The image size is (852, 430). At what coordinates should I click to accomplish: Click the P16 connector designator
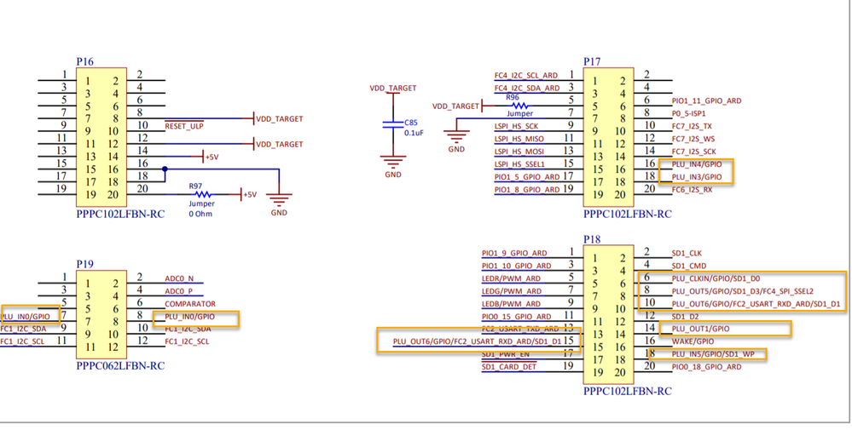[84, 62]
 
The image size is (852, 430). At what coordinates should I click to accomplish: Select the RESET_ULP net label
[185, 126]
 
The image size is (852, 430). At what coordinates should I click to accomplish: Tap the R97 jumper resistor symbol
[202, 194]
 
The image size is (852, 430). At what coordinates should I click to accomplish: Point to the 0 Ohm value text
[202, 214]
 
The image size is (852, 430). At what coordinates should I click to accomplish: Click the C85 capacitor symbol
[392, 123]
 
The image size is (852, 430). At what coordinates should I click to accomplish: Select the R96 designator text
[513, 98]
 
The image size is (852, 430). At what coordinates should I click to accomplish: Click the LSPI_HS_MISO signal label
[519, 139]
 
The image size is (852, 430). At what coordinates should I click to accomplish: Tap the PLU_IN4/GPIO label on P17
[696, 164]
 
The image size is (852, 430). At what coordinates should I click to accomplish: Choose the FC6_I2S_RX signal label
[692, 190]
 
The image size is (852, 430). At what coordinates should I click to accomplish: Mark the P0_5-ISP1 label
[689, 113]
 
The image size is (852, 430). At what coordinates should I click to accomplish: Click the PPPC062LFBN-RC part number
[119, 365]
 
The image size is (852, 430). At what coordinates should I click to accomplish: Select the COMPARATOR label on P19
[189, 304]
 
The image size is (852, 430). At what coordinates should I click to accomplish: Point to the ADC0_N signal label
[179, 278]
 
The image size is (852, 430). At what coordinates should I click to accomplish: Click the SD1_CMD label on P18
[688, 266]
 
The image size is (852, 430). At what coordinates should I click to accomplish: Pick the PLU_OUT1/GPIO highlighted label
[701, 329]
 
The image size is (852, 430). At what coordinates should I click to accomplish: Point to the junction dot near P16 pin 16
[165, 169]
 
